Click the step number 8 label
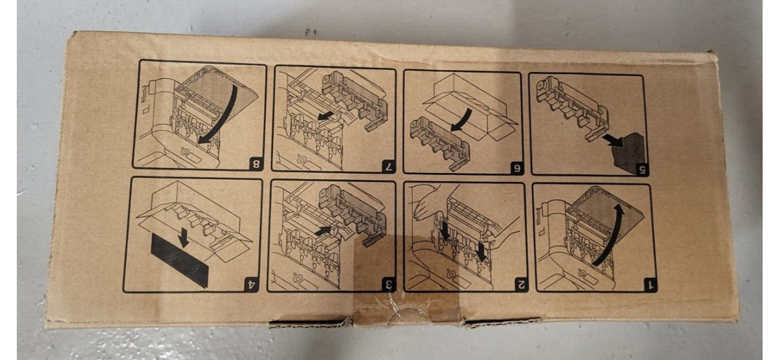click(x=256, y=163)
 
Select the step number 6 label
click(x=517, y=168)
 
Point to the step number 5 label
click(x=642, y=170)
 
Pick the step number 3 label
click(x=389, y=285)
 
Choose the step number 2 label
click(x=520, y=285)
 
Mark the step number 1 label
click(x=649, y=285)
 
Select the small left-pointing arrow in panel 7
click(x=329, y=118)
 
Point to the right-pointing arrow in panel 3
click(x=324, y=230)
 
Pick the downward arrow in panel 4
click(x=182, y=238)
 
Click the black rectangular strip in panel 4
click(x=180, y=259)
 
